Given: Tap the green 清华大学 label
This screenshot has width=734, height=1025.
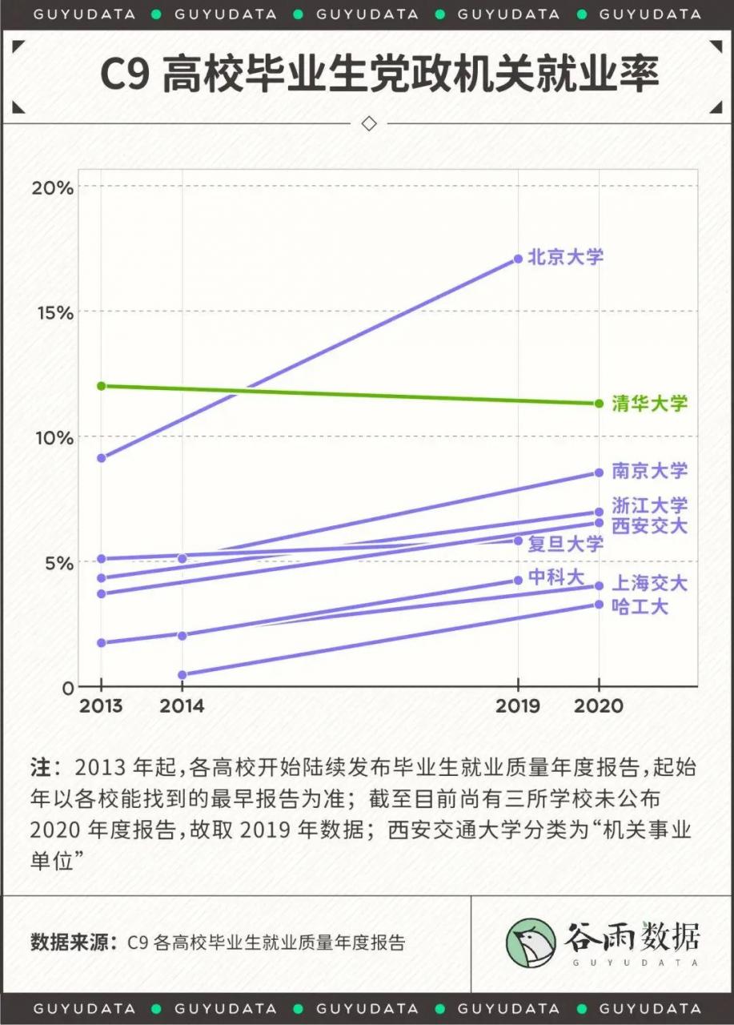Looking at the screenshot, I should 649,403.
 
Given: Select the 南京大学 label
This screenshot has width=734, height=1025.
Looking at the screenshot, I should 649,470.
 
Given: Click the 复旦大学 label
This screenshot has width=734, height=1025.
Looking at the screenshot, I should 565,545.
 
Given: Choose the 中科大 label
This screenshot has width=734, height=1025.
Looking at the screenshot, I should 556,577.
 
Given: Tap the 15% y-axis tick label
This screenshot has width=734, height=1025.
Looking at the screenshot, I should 52,312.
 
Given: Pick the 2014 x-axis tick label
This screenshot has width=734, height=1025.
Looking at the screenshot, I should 182,705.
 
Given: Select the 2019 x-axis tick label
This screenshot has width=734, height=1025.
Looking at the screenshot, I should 518,705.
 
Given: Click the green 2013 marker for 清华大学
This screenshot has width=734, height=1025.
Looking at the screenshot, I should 101,386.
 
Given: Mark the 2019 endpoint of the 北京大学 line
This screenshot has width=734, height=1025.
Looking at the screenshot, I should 518,259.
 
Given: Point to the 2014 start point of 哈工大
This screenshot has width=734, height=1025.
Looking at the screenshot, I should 182,675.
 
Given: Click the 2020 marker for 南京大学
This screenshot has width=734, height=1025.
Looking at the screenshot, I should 599,472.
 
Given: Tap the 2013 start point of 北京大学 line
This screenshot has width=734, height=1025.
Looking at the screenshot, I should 101,458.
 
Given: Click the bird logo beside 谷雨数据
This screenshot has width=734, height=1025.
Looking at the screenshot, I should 530,942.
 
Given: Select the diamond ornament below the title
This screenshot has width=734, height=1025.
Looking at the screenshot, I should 369,123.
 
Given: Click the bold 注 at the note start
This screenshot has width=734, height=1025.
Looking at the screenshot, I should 41,767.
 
